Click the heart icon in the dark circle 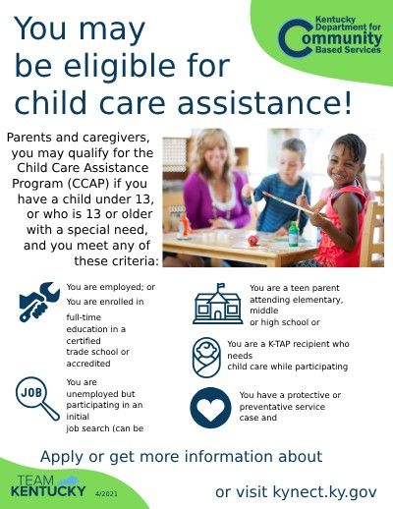(208, 406)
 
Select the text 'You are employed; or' (105, 287)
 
